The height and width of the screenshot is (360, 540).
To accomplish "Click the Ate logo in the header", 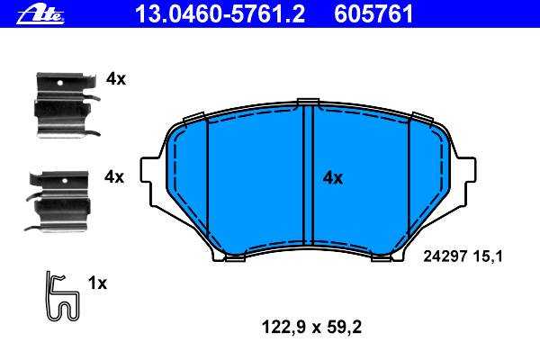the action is coord(40,15).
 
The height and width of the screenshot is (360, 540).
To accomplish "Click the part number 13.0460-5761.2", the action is coord(220,14).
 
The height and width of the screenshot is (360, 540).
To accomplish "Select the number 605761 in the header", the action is coord(373,14).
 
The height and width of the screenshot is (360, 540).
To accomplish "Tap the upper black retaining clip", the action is coord(66,105).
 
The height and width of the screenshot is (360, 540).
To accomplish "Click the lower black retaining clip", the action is coord(58,202).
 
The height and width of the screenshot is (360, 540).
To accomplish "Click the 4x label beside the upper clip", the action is coord(116,79).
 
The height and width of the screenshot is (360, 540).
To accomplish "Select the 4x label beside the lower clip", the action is coord(114,177).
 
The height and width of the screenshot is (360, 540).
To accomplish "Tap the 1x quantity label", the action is coord(97,283).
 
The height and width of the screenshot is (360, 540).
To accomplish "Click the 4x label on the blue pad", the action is coord(333,178).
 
